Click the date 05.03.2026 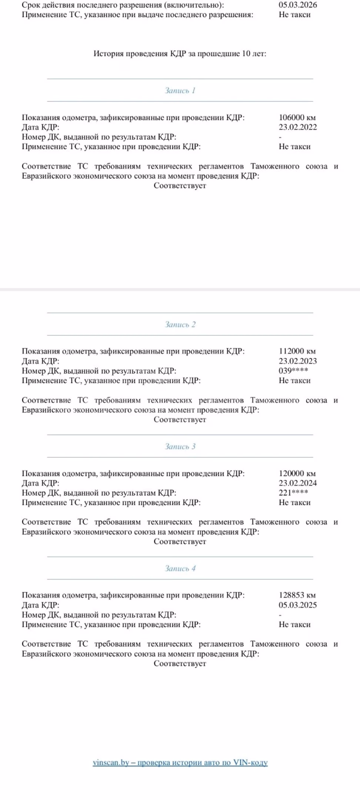(297, 5)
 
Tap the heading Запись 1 (180, 90)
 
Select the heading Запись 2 (180, 324)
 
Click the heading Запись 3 (180, 446)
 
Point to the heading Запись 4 (180, 568)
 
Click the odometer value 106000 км (297, 117)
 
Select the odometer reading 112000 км (297, 351)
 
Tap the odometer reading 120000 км (297, 473)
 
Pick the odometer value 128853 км (297, 595)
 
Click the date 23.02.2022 (297, 127)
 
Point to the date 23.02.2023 (297, 361)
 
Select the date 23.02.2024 (297, 483)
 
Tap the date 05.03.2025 (297, 605)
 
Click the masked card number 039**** (293, 371)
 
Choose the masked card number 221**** (293, 493)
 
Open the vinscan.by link (180, 762)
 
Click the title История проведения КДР (180, 54)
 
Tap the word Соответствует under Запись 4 (180, 663)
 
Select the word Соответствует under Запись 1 (180, 186)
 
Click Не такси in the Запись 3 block (294, 503)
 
